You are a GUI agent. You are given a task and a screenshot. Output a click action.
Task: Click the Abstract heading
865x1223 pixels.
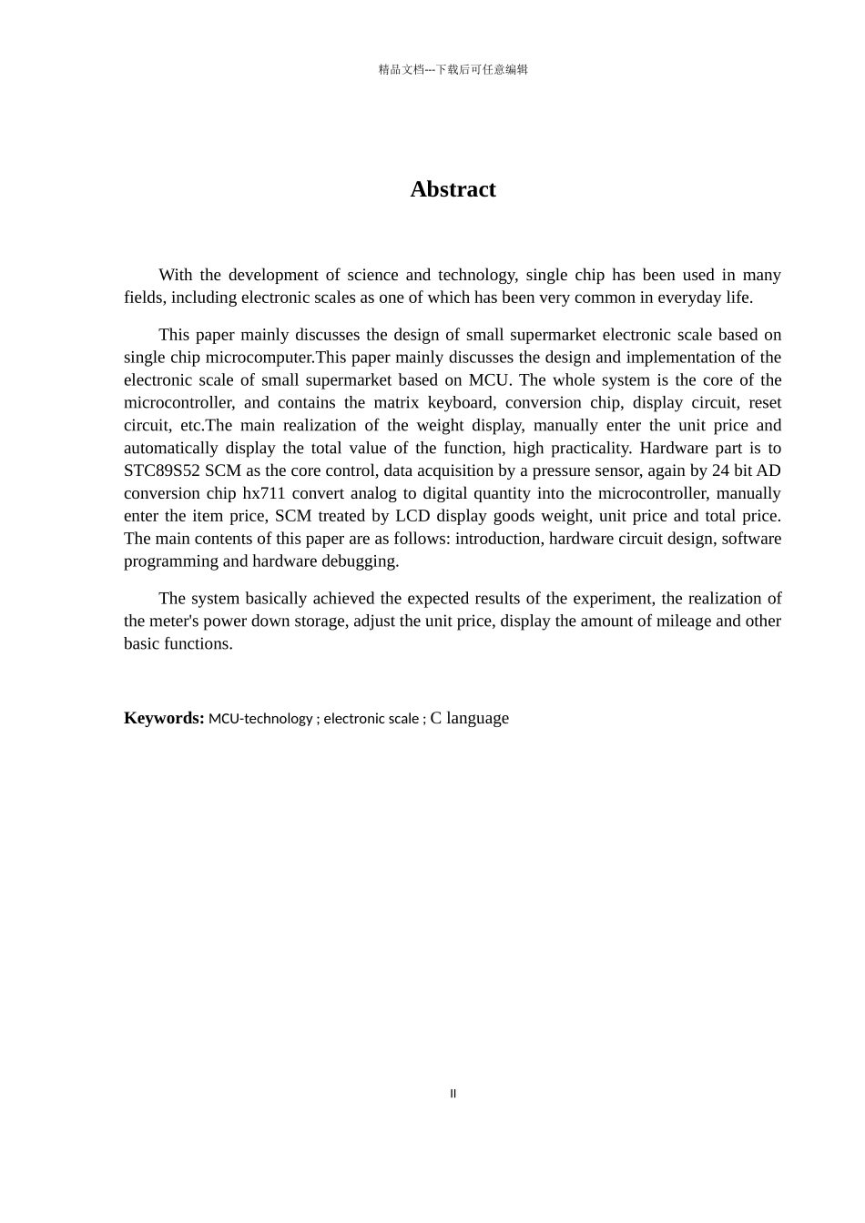(x=453, y=189)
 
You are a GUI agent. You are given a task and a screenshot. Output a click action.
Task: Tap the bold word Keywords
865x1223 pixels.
(x=164, y=718)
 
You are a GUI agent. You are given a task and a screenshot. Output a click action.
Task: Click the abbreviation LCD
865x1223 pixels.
(x=412, y=516)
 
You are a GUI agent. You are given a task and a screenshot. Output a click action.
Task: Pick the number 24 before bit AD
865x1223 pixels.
(x=721, y=470)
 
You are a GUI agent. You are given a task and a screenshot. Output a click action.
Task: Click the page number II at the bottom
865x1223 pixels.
(x=453, y=1094)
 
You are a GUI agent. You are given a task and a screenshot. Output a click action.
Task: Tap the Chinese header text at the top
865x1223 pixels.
(x=453, y=69)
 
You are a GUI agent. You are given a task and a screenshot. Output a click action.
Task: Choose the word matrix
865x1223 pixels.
(x=396, y=402)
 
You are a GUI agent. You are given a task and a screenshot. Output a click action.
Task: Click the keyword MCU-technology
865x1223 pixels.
(x=260, y=719)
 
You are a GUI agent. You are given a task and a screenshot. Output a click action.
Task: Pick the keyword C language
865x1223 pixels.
(x=470, y=718)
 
